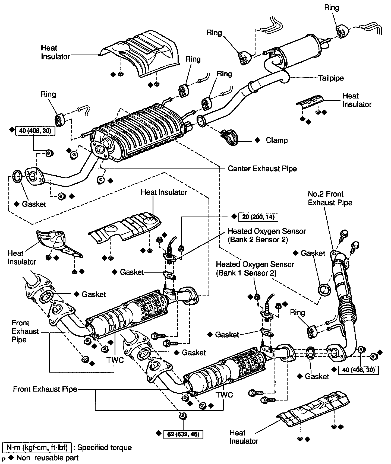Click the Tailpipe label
[331, 78]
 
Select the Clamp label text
[276, 140]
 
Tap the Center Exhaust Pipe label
[262, 169]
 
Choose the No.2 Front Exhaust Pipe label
[330, 198]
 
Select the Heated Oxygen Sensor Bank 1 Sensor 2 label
[255, 268]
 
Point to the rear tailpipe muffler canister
[301, 51]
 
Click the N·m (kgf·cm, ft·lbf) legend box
[37, 447]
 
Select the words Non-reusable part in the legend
[47, 458]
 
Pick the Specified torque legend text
[105, 447]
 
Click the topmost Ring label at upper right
[332, 8]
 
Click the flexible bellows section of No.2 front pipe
[346, 312]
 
